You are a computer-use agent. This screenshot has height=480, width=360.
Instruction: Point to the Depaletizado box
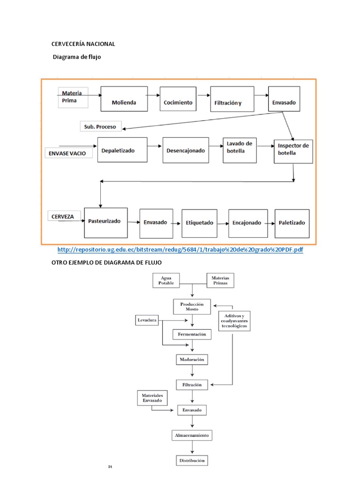122,150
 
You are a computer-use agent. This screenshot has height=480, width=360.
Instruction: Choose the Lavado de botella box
240,150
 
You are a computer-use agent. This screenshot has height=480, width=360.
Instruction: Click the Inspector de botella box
293,150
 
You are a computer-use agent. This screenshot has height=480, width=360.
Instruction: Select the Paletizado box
292,223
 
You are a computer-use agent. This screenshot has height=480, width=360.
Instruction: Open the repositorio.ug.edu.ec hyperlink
180,250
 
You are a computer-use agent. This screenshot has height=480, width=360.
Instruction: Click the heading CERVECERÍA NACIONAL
83,44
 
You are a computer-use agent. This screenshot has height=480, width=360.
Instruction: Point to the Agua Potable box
166,281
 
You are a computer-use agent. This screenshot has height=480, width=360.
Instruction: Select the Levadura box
147,321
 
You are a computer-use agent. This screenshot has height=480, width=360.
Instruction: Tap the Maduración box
192,360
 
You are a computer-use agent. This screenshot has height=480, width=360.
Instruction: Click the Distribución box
192,460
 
